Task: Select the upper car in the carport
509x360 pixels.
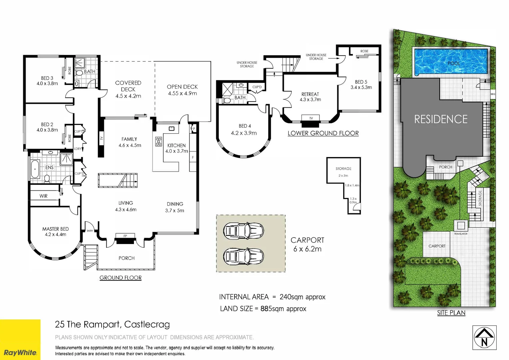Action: [244, 231]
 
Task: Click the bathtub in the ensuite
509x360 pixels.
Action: [35, 169]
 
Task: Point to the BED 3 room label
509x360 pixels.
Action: [47, 78]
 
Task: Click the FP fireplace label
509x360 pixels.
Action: [125, 236]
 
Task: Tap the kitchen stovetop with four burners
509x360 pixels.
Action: [159, 141]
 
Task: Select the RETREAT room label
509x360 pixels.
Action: [310, 94]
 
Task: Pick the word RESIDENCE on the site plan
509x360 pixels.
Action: [441, 119]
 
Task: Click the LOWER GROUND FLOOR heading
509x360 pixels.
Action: [323, 133]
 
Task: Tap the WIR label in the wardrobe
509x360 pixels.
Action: [43, 196]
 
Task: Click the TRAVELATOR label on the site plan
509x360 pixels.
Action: [461, 234]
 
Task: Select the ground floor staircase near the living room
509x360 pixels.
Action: [118, 181]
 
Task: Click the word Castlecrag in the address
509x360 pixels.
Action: [147, 324]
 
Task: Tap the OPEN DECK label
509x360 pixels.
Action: [182, 87]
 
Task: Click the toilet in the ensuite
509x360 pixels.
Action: [47, 178]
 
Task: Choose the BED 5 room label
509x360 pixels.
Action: [361, 82]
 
